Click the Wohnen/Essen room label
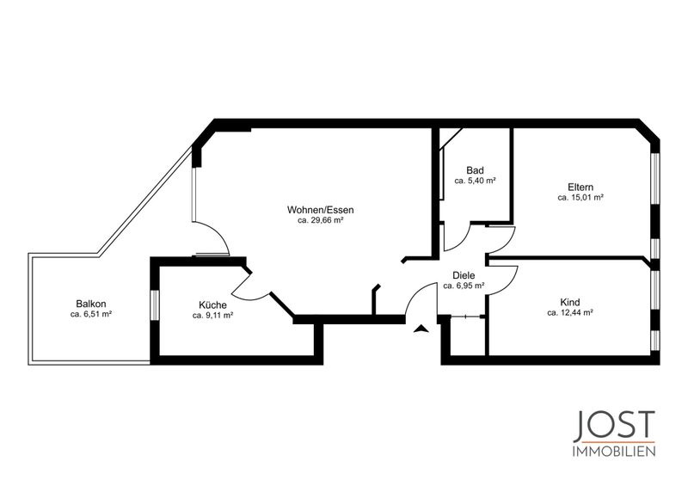pos(320,210)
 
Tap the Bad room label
pos(476,170)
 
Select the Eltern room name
pos(580,188)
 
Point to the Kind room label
pos(570,302)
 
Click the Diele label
pos(464,276)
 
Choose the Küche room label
pos(212,305)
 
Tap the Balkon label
pos(91,304)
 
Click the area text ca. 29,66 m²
pos(320,221)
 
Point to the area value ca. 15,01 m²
pos(580,198)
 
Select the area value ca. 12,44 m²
pos(570,312)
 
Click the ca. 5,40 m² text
pos(476,181)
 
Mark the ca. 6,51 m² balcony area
pos(91,314)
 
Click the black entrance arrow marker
pos(421,329)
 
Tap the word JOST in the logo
pos(614,426)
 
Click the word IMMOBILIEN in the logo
pos(614,452)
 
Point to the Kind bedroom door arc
pos(511,280)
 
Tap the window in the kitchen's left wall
pos(155,305)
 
